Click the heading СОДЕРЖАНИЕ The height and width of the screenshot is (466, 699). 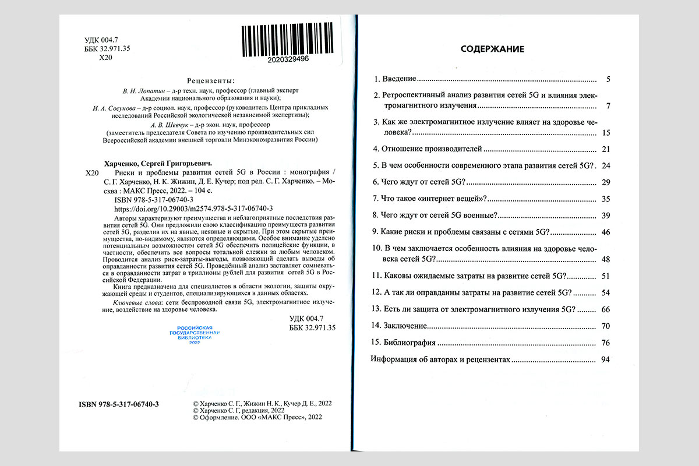pos(492,49)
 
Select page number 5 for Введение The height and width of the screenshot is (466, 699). pos(607,79)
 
